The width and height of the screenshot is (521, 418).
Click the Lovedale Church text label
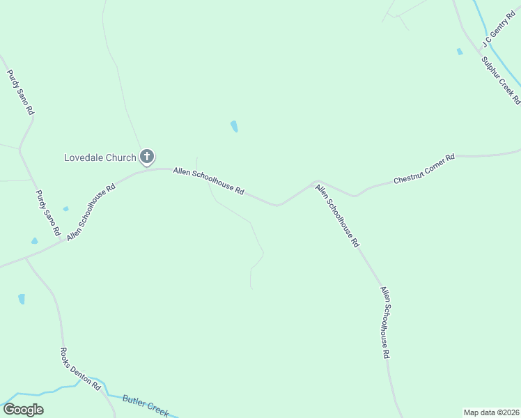pos(100,157)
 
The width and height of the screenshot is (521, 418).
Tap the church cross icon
pos(147,157)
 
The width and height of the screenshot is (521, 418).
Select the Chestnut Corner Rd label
pos(423,169)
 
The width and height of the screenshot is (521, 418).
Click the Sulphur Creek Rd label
pos(501,80)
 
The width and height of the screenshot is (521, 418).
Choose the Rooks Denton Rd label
pos(81,369)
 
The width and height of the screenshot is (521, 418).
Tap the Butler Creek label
pos(146,405)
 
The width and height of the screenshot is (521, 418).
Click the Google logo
pos(23,410)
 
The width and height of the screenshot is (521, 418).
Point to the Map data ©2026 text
pos(491,412)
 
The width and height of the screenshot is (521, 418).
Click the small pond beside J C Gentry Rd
pos(459,52)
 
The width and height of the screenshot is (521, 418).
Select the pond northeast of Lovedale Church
pos(234,126)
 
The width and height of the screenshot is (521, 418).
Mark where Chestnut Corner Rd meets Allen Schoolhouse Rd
pos(318,181)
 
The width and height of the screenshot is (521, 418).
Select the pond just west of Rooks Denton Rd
pos(22,299)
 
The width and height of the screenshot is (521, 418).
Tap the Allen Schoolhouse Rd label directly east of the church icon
pos(208,180)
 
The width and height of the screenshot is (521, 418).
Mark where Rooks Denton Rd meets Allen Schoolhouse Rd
pos(26,258)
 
